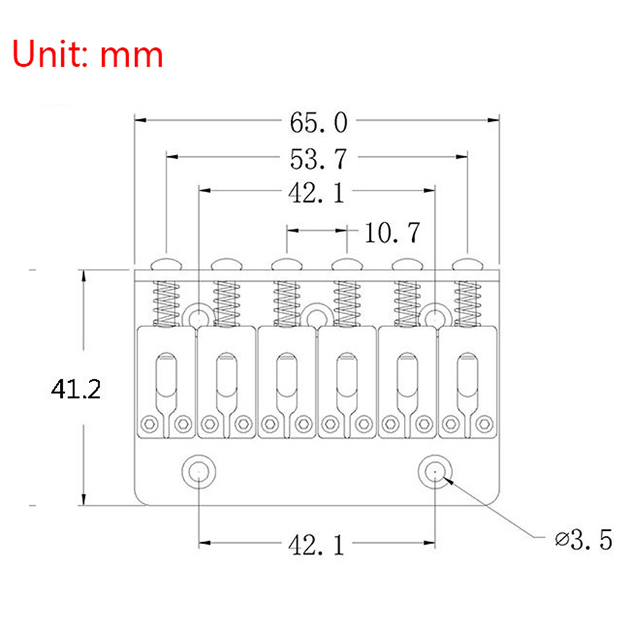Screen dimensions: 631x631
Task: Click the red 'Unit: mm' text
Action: pos(89,54)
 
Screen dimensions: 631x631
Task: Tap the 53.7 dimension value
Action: pos(318,159)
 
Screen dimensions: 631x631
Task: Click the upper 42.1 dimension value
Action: pos(316,194)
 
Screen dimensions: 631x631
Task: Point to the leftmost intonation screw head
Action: pos(166,262)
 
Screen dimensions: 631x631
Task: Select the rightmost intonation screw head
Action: pos(468,262)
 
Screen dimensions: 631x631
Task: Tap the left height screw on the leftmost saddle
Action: pos(149,424)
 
